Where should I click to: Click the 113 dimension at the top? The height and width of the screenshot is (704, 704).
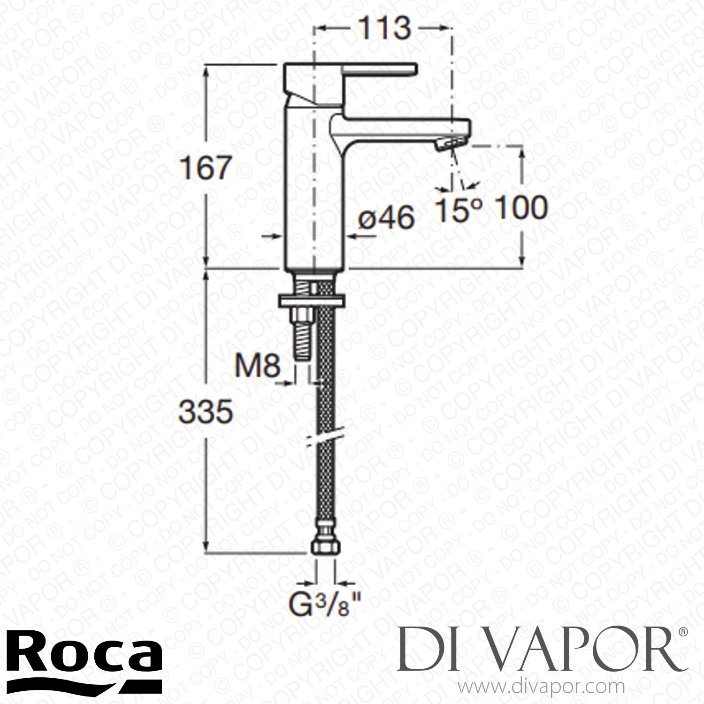384,29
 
